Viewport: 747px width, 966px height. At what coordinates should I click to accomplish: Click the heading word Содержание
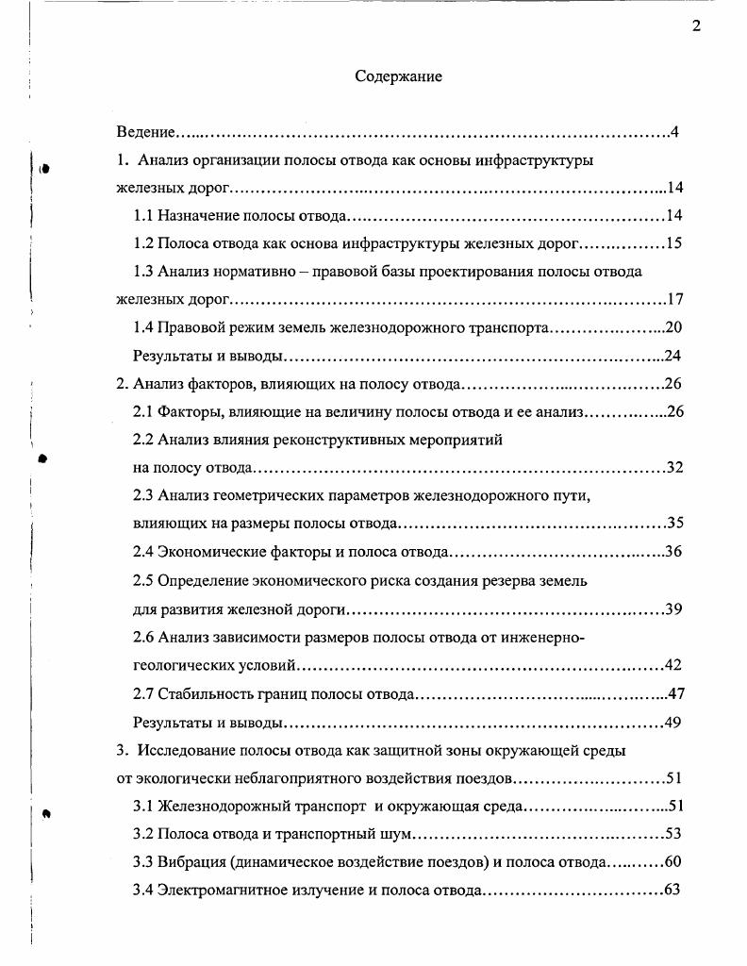pyautogui.click(x=398, y=76)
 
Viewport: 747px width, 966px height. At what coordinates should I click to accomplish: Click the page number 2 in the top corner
pyautogui.click(x=696, y=25)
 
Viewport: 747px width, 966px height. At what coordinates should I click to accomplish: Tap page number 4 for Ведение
pyautogui.click(x=675, y=130)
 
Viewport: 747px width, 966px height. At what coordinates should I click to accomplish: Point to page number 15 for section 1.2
pyautogui.click(x=673, y=243)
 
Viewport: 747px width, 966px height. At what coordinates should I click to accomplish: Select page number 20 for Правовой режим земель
pyautogui.click(x=673, y=327)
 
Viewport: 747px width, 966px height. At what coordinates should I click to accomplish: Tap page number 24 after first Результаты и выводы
pyautogui.click(x=673, y=356)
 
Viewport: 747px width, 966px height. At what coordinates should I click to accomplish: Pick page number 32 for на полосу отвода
pyautogui.click(x=673, y=468)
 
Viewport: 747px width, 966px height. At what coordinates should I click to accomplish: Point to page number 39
pyautogui.click(x=673, y=608)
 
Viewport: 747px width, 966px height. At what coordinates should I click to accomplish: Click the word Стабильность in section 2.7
pyautogui.click(x=207, y=694)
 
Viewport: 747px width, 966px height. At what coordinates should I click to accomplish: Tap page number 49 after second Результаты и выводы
pyautogui.click(x=673, y=723)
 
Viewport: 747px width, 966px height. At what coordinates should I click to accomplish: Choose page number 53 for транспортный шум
pyautogui.click(x=673, y=834)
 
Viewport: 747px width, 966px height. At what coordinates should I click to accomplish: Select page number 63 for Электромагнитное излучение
pyautogui.click(x=673, y=890)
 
